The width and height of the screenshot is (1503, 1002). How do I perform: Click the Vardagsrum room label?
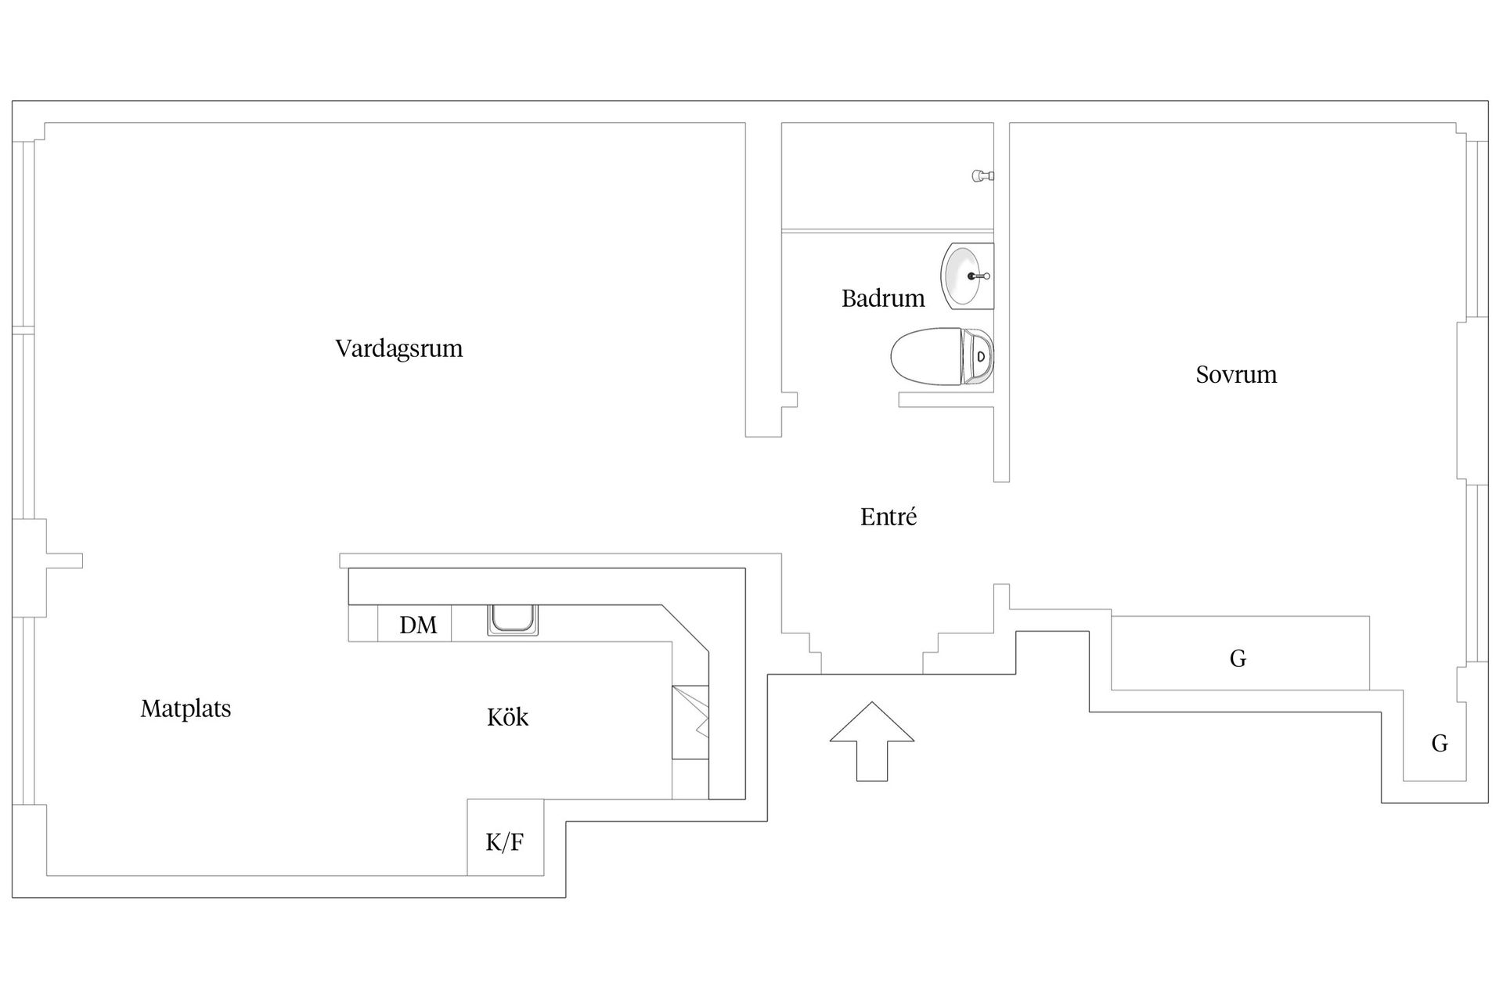click(x=399, y=348)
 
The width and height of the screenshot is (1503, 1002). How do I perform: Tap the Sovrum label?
click(x=1236, y=375)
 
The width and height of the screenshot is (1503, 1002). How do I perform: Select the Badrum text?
click(x=883, y=298)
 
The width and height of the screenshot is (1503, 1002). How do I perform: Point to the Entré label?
click(x=888, y=517)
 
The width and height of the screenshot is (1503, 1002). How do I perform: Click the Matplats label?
click(x=186, y=709)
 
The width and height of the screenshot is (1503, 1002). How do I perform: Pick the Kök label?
click(x=507, y=717)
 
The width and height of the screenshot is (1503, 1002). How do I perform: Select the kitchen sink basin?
click(x=513, y=619)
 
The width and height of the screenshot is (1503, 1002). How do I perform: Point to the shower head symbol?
click(x=982, y=176)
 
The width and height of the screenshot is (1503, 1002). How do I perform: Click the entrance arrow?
click(x=871, y=740)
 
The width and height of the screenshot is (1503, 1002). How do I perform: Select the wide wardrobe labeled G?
click(x=1240, y=654)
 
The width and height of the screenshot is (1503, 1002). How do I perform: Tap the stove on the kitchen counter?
click(x=690, y=722)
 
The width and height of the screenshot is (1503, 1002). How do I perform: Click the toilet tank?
click(x=979, y=357)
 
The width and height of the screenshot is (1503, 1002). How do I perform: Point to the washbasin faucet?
click(x=979, y=276)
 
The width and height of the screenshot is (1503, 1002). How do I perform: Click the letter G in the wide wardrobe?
click(x=1238, y=659)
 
